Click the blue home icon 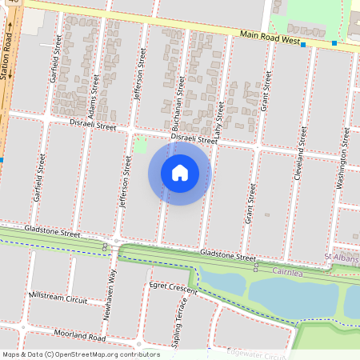click(x=180, y=173)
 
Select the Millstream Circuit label click(x=58, y=298)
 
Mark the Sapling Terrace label click(x=181, y=320)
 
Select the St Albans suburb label click(x=341, y=256)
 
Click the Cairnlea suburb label click(x=288, y=270)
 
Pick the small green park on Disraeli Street click(x=141, y=145)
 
